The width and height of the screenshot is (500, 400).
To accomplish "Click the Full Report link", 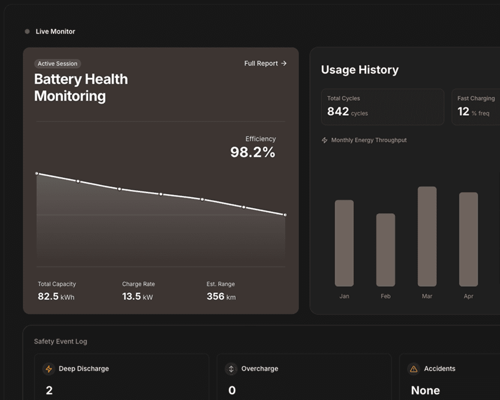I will pyautogui.click(x=265, y=63).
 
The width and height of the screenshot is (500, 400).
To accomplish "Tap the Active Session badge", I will pyautogui.click(x=57, y=64).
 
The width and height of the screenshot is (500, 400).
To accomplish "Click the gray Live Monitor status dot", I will pyautogui.click(x=27, y=31).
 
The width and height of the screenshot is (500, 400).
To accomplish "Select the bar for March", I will pyautogui.click(x=427, y=236).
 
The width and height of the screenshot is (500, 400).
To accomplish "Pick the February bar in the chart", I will pyautogui.click(x=385, y=250).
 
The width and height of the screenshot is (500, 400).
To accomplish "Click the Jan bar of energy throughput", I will pyautogui.click(x=344, y=243).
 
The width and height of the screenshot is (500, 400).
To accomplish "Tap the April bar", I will pyautogui.click(x=468, y=239).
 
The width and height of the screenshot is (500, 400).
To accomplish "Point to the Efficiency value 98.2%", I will pyautogui.click(x=252, y=152).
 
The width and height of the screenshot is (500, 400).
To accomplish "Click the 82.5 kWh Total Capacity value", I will pyautogui.click(x=56, y=296).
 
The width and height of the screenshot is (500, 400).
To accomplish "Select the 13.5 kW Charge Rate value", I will pyautogui.click(x=137, y=296).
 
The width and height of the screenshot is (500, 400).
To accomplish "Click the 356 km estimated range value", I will pyautogui.click(x=221, y=296).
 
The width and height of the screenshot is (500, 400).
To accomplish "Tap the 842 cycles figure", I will pyautogui.click(x=347, y=112).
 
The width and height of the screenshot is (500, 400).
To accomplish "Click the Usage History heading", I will pyautogui.click(x=359, y=70).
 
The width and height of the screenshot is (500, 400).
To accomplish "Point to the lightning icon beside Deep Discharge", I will pyautogui.click(x=49, y=369).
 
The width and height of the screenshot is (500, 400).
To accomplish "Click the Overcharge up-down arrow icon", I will pyautogui.click(x=231, y=369).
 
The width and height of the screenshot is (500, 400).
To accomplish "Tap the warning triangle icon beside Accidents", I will pyautogui.click(x=413, y=369).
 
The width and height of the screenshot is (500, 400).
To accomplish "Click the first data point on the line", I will pyautogui.click(x=36, y=173).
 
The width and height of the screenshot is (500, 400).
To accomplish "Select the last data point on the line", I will pyautogui.click(x=285, y=215).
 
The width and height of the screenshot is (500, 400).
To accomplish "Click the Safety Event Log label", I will pyautogui.click(x=60, y=341).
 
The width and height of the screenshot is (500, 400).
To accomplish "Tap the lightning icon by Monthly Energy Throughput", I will pyautogui.click(x=324, y=140).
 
